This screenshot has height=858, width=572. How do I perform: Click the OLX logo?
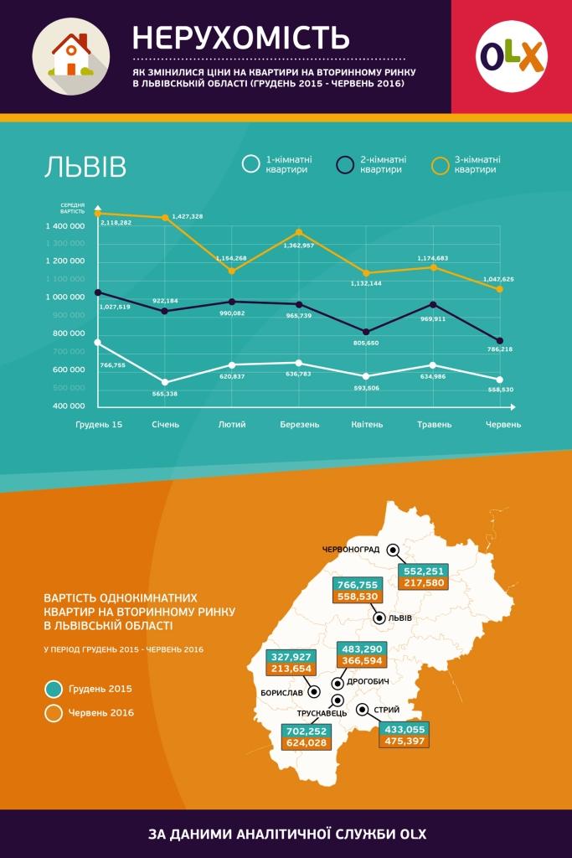pyautogui.click(x=511, y=56)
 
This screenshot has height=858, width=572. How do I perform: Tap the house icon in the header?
pyautogui.click(x=71, y=56)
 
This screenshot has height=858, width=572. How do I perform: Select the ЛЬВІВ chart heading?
pyautogui.click(x=85, y=167)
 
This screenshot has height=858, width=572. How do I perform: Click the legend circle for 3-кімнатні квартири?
pyautogui.click(x=440, y=163)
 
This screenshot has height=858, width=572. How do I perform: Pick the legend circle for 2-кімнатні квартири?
pyautogui.click(x=344, y=163)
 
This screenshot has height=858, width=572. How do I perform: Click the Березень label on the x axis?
pyautogui.click(x=299, y=425)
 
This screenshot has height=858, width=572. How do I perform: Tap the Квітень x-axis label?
pyautogui.click(x=367, y=425)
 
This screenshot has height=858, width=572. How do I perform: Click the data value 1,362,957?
pyautogui.click(x=299, y=246)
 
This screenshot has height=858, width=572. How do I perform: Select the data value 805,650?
pyautogui.click(x=367, y=344)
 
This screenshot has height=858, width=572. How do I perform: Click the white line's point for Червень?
pyautogui.click(x=500, y=380)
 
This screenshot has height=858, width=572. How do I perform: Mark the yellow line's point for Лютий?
pyautogui.click(x=232, y=271)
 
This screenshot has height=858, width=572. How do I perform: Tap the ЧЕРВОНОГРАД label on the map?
pyautogui.click(x=351, y=550)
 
